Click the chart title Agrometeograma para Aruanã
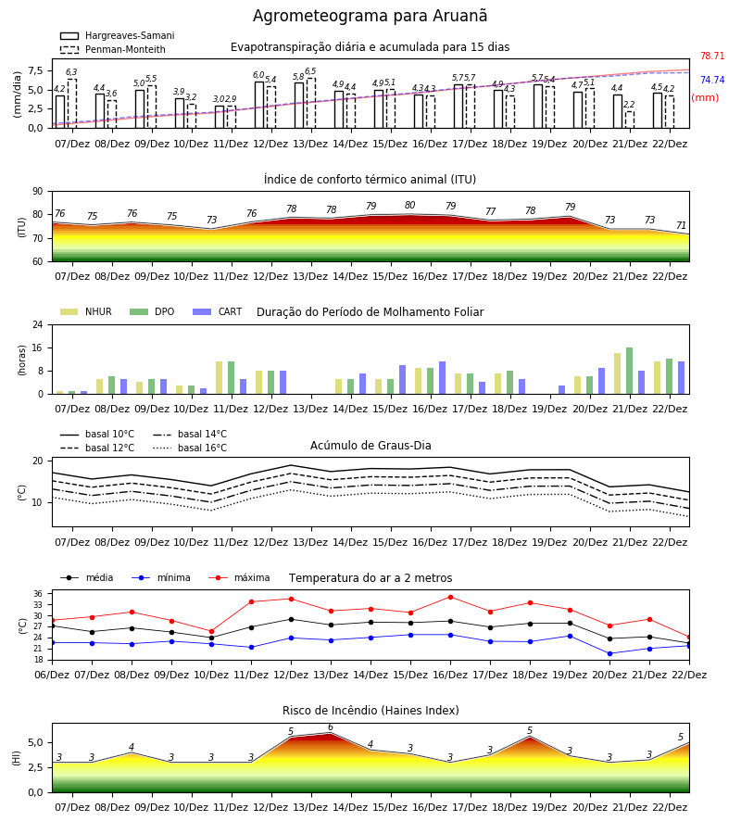pos(370,16)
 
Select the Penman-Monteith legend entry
pos(113,49)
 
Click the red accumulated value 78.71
pos(712,56)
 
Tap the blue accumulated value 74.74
pos(712,80)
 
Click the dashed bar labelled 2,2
pos(629,120)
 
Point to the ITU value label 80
pos(409,205)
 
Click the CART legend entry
pos(218,311)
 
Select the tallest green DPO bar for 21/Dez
pos(629,371)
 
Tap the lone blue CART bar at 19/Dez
pos(562,390)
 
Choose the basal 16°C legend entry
pos(190,448)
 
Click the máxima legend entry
pos(239,577)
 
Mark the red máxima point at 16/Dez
pos(451,598)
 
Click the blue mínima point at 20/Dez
pos(609,653)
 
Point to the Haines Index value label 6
pos(331,727)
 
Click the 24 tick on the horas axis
pos(38,324)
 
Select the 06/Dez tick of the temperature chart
pos(52,675)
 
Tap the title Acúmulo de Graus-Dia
pos(370,445)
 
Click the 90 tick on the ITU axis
pos(38,192)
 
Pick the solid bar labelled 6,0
pos(259,106)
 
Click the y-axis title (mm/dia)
pos(17,95)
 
